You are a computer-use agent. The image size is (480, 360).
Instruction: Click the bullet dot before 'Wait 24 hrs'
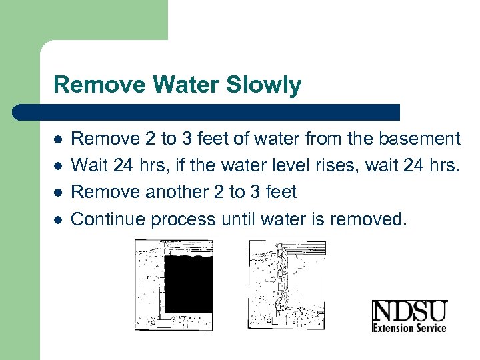click(x=59, y=166)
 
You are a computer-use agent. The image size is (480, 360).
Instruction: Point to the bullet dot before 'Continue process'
click(x=59, y=219)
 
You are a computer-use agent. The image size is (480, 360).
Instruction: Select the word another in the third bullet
click(x=163, y=193)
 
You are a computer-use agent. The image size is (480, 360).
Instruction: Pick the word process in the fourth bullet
click(x=183, y=219)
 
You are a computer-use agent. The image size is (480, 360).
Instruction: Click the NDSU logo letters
click(x=409, y=312)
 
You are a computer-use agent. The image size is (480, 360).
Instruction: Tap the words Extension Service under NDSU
click(x=409, y=327)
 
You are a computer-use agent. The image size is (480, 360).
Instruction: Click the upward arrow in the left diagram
click(x=184, y=322)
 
